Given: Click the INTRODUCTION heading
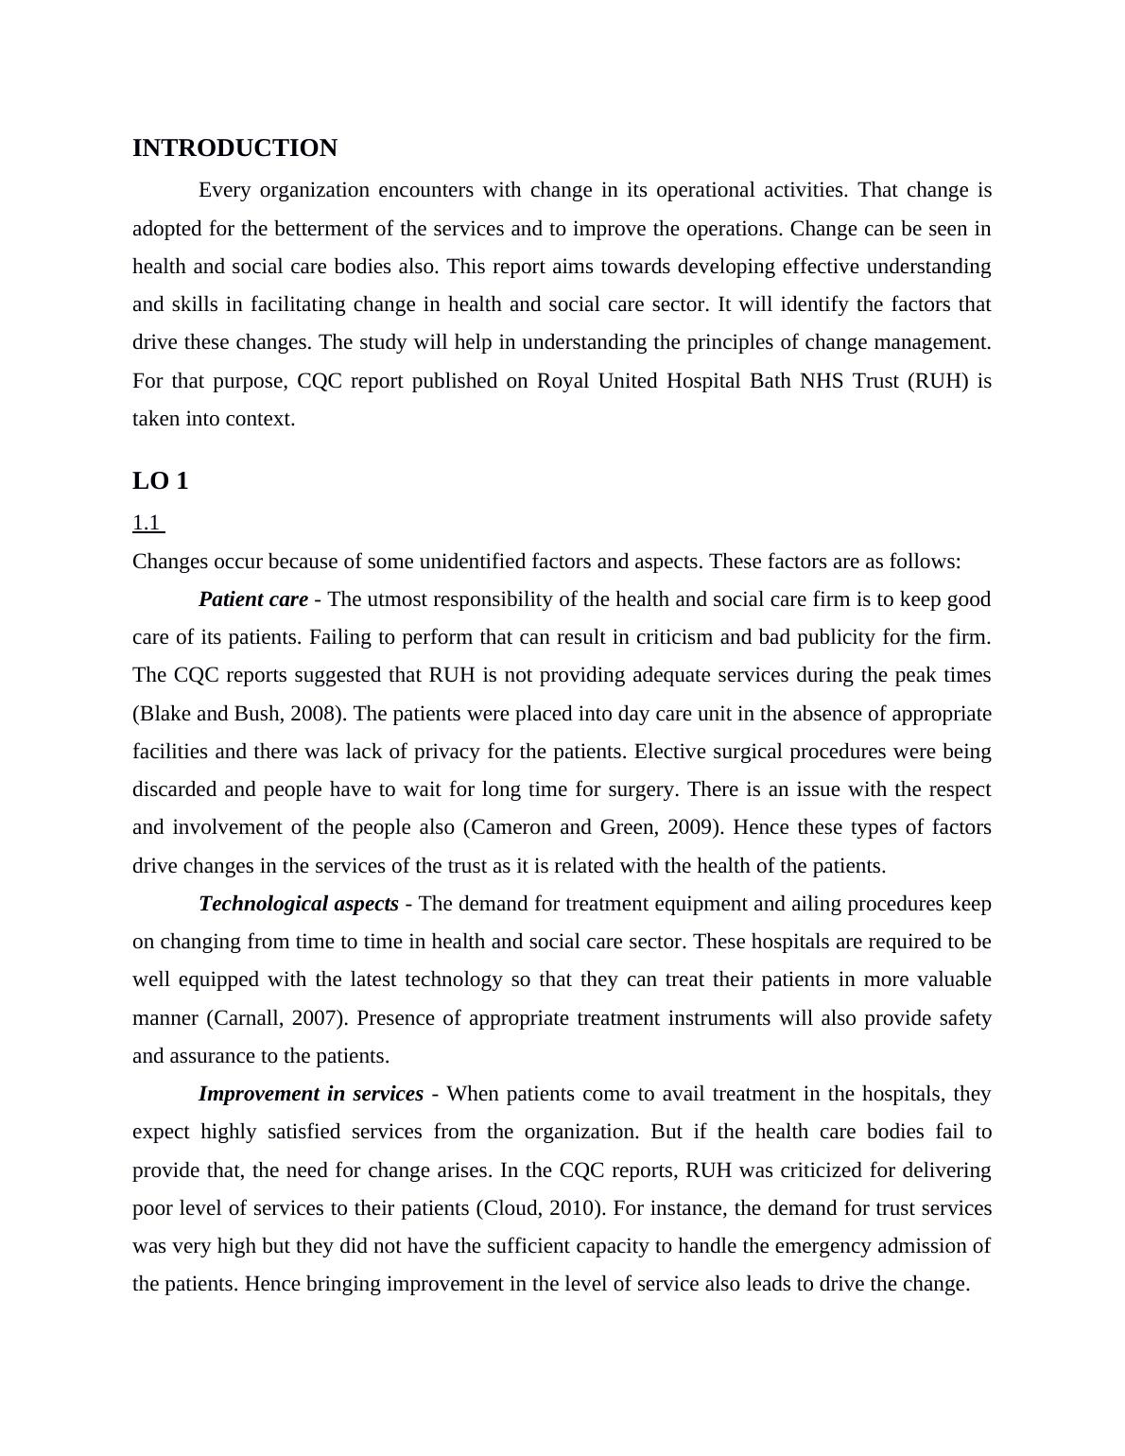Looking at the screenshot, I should pos(234,148).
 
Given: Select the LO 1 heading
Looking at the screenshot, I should pos(161,481).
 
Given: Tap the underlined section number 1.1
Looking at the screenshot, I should pos(147,523).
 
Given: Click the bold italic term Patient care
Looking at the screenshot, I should pos(253,599).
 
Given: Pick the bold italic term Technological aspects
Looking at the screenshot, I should pos(299,904).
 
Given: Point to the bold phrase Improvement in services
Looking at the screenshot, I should pos(311,1094).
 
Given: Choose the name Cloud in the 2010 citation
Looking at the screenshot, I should pos(512,1208).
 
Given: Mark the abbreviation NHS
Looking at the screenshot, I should pos(822,381).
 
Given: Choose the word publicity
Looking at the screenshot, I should pos(837,637).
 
